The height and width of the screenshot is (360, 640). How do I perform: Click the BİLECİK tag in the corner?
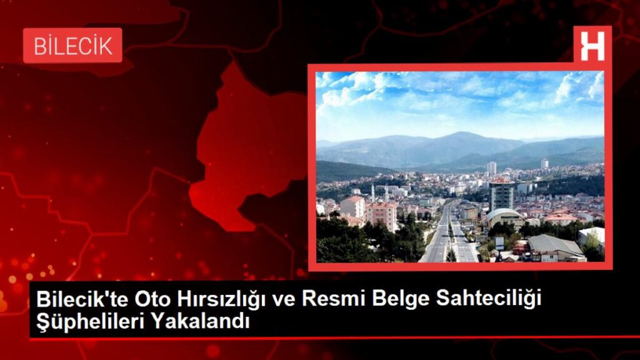tap(72, 46)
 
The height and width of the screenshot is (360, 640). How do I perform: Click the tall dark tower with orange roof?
tap(501, 194)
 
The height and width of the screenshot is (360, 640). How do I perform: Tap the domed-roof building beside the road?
tap(504, 217)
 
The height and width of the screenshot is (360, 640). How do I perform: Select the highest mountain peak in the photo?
tap(461, 134)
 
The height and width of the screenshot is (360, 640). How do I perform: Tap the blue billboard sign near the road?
tap(499, 241)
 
